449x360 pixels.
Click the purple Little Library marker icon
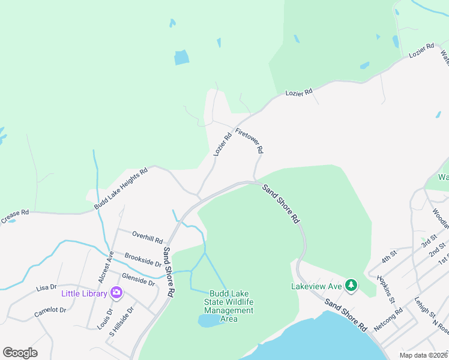coord(116,293)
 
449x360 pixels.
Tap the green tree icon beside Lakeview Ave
coord(352,286)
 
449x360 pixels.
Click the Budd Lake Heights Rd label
coord(121,189)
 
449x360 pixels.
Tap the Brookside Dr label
coord(143,259)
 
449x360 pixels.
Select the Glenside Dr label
coord(138,280)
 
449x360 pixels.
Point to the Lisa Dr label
coord(46,288)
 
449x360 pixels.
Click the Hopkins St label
coord(385,289)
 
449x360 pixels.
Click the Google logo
coord(20,353)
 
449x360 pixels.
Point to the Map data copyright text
coord(423,355)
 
